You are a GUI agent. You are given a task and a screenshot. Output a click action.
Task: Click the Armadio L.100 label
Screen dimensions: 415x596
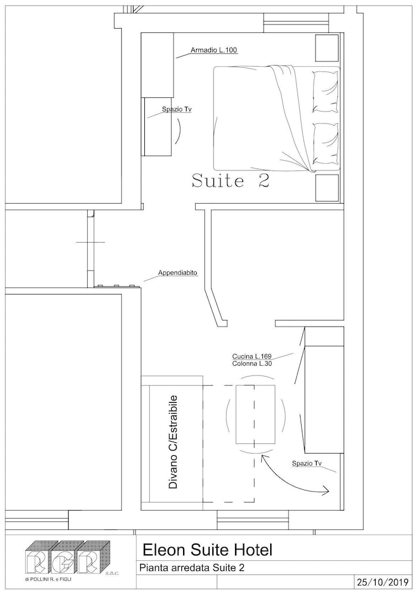(x=214, y=50)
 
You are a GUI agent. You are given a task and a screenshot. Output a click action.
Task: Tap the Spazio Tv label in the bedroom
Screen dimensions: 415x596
(x=176, y=109)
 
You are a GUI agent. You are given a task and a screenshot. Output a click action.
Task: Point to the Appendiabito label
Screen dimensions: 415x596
(x=178, y=272)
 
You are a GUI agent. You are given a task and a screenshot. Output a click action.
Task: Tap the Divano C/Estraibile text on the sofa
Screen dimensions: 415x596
(x=173, y=442)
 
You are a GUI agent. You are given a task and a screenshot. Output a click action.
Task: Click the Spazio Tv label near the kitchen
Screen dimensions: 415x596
(x=306, y=463)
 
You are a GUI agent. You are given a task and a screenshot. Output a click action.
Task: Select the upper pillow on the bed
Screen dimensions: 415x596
(x=325, y=92)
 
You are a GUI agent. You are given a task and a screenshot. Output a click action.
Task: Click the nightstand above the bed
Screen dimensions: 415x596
(x=327, y=48)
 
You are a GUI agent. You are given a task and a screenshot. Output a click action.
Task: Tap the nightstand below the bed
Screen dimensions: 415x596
(x=327, y=188)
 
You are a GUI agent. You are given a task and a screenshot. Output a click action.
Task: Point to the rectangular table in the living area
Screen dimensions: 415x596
(x=256, y=414)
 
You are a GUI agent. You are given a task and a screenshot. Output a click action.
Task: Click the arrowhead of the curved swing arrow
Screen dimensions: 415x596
(x=326, y=491)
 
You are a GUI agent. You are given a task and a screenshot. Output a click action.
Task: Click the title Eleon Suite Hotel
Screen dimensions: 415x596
(x=207, y=550)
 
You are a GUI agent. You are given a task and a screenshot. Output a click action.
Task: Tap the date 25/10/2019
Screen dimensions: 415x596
(x=383, y=582)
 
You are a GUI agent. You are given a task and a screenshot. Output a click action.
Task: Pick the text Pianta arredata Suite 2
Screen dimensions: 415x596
(x=192, y=568)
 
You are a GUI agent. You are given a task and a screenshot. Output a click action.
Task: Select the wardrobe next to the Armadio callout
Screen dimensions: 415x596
(x=157, y=64)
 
